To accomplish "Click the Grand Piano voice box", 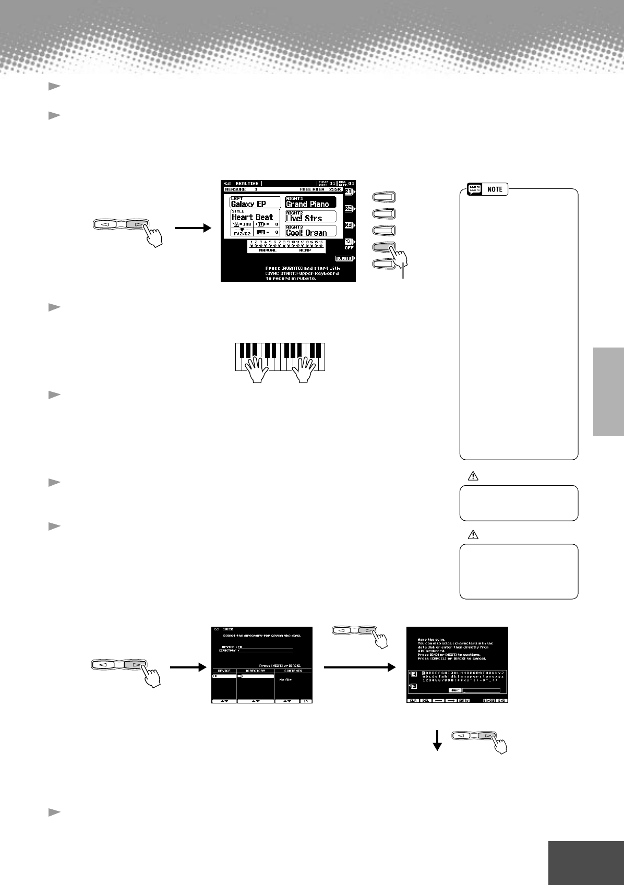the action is click(x=310, y=202).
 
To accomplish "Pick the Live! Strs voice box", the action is click(x=310, y=217).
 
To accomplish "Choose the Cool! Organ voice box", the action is click(x=310, y=231).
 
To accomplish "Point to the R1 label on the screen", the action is click(x=349, y=192).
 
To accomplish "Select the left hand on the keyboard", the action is click(x=257, y=368).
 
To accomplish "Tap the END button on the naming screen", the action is click(x=501, y=701).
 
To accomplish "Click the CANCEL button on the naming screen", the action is click(x=488, y=701).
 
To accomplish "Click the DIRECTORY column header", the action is click(x=255, y=671).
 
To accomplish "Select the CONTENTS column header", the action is click(x=293, y=671).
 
